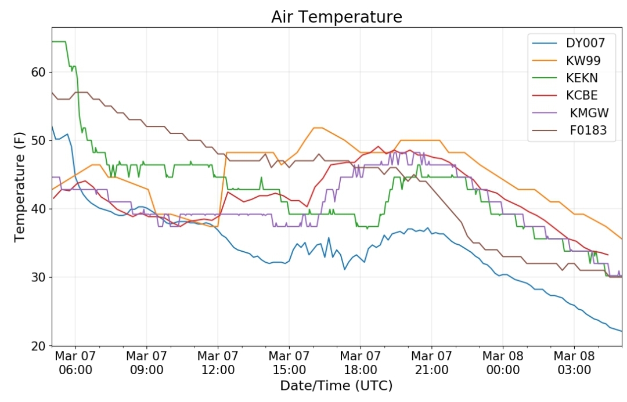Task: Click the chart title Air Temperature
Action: coord(337,17)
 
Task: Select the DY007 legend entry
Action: coord(568,43)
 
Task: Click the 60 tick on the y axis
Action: coord(39,73)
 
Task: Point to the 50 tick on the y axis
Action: coord(39,140)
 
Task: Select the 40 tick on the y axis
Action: coord(39,209)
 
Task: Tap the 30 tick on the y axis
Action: coord(39,277)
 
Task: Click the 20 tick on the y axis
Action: coord(39,346)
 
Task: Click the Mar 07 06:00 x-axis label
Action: coord(75,363)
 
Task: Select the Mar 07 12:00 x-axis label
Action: coord(218,363)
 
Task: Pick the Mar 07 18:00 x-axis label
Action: coord(361,363)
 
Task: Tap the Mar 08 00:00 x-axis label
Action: coord(503,363)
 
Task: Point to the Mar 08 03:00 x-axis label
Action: coord(574,363)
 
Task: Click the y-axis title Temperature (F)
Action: coord(19,187)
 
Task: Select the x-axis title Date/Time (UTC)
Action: coord(336,386)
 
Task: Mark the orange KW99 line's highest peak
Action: coord(318,128)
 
